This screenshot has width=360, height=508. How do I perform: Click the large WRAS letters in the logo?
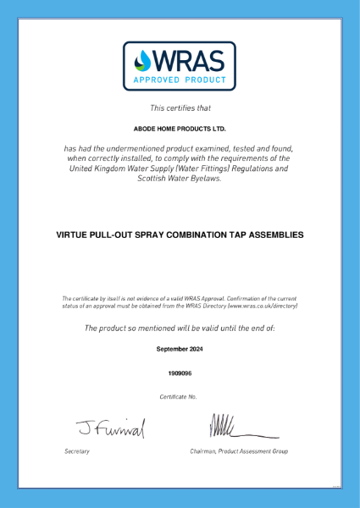(x=190, y=61)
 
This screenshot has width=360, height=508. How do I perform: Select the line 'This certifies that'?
(x=180, y=108)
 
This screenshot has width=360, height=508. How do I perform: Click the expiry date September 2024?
(x=180, y=348)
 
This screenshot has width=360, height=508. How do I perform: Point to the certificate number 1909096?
(x=180, y=372)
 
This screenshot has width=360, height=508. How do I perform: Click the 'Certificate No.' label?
(x=179, y=396)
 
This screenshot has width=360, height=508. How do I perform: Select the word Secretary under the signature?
(x=77, y=451)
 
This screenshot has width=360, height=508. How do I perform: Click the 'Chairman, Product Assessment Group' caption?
(x=239, y=451)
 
